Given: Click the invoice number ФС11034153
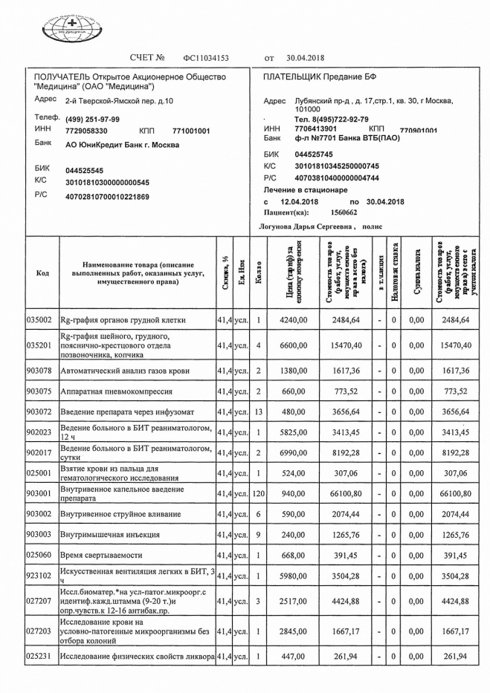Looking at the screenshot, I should (206, 57).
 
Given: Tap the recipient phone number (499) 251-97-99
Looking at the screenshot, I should (92, 119).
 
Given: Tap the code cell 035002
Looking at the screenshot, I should (39, 320).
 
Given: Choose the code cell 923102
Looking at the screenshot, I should (39, 574).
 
